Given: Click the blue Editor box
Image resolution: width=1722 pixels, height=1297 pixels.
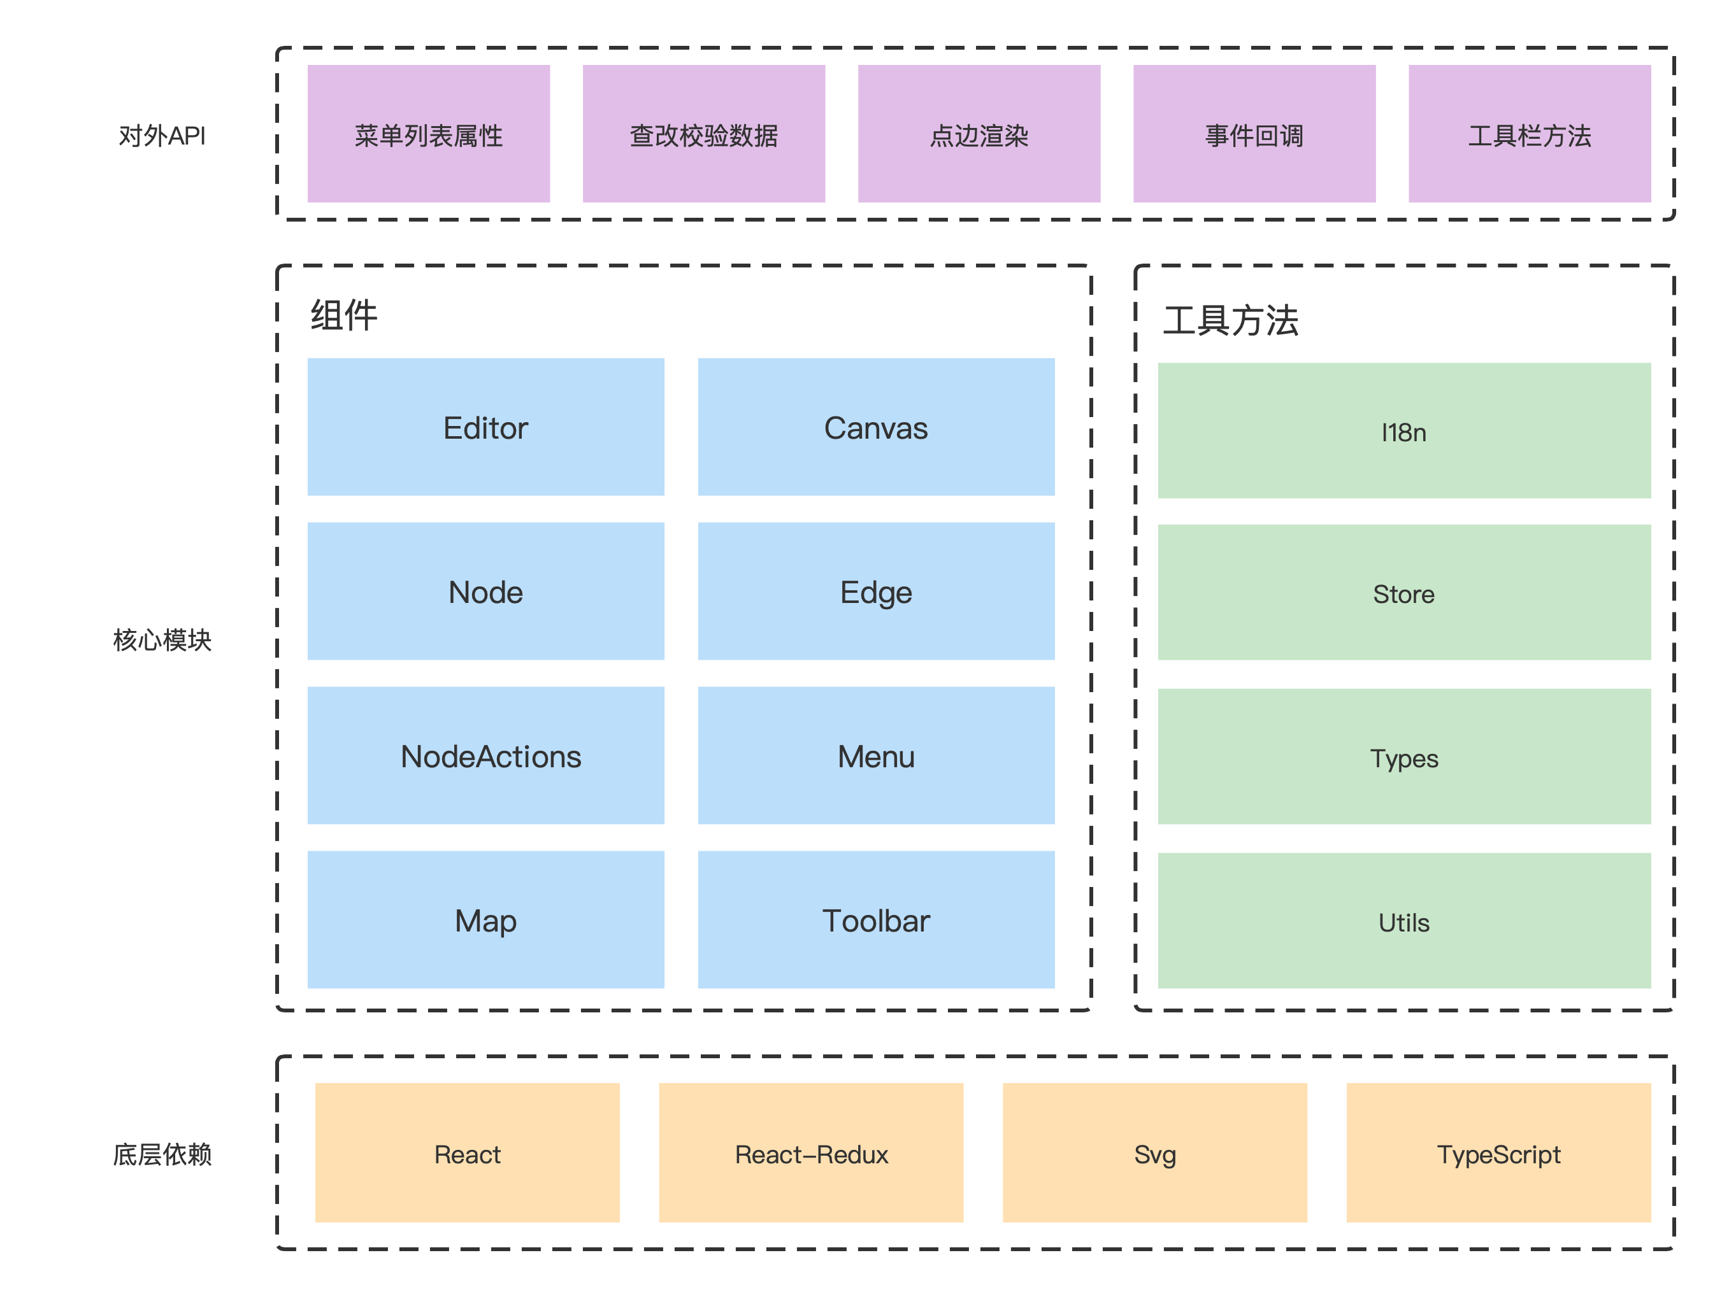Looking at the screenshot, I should point(486,427).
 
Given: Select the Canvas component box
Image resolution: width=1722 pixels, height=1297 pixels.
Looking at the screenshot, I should point(876,427).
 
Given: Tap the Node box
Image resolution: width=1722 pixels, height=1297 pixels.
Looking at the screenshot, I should point(486,592).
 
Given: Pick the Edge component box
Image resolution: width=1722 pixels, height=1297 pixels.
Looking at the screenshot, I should point(876,592).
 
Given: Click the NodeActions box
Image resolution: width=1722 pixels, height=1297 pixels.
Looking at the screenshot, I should point(486,756).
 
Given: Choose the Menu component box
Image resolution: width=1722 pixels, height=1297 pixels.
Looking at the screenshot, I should point(876,756).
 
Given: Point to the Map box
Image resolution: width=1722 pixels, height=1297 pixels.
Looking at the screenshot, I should point(486,919).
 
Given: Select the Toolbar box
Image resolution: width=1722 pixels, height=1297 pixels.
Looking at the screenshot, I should point(876,919).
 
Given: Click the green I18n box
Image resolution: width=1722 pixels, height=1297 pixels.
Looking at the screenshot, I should point(1403,431).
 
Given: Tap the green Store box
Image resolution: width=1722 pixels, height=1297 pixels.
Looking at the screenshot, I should point(1403,593).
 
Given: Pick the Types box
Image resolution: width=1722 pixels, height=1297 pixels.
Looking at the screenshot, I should point(1403,757).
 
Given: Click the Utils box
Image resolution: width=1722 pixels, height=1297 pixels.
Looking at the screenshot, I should point(1403,921).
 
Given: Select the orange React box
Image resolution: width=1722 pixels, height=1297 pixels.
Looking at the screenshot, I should point(467,1153).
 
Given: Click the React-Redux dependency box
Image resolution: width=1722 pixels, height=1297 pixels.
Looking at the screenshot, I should point(811,1153).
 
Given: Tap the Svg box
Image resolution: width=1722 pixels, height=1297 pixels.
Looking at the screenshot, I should point(1154,1153).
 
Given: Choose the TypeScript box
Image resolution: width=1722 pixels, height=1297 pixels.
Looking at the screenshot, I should point(1498,1153).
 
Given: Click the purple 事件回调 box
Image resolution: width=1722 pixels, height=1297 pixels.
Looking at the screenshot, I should point(1254,134).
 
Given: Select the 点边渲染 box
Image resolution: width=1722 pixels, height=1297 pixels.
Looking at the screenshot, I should point(979,134).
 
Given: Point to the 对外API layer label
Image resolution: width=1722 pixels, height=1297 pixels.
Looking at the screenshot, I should point(162,136).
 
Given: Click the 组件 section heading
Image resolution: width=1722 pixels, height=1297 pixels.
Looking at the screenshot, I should point(343,315).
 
